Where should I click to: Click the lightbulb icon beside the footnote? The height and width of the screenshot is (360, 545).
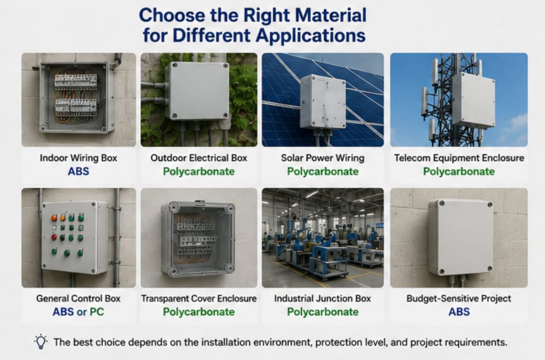pyautogui.click(x=40, y=341)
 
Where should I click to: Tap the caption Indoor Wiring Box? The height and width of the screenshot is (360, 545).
pyautogui.click(x=79, y=158)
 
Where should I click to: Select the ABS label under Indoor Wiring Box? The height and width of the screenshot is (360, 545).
pyautogui.click(x=79, y=172)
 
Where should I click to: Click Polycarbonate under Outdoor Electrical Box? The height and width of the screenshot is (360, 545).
pyautogui.click(x=199, y=172)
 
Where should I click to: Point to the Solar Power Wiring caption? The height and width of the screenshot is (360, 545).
pyautogui.click(x=323, y=158)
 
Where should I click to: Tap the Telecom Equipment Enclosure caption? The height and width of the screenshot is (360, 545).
pyautogui.click(x=459, y=158)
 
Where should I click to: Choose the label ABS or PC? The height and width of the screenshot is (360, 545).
pyautogui.click(x=78, y=312)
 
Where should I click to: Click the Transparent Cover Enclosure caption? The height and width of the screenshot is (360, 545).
pyautogui.click(x=199, y=298)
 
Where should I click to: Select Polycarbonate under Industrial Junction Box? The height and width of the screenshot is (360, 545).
pyautogui.click(x=323, y=312)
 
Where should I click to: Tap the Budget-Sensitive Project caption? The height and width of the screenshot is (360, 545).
pyautogui.click(x=459, y=298)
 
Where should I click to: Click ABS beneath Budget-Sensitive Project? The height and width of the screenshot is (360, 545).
pyautogui.click(x=459, y=312)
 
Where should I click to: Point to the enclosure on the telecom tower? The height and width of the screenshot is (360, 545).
pyautogui.click(x=473, y=99)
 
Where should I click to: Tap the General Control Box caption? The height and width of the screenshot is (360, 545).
pyautogui.click(x=78, y=298)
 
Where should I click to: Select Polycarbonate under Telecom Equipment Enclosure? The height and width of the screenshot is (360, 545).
pyautogui.click(x=459, y=172)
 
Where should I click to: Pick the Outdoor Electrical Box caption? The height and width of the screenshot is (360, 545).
pyautogui.click(x=199, y=158)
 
